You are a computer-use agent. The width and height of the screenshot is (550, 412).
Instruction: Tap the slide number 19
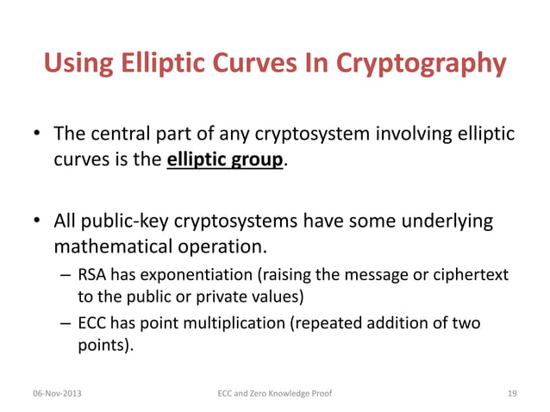(512, 394)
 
